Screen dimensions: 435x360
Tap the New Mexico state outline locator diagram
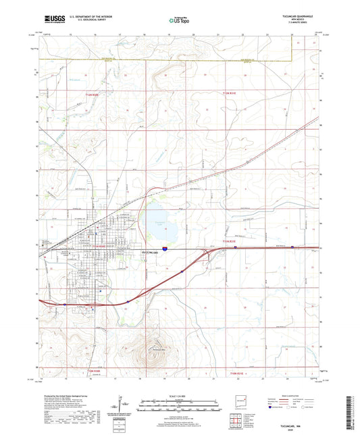[x=238, y=400]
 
